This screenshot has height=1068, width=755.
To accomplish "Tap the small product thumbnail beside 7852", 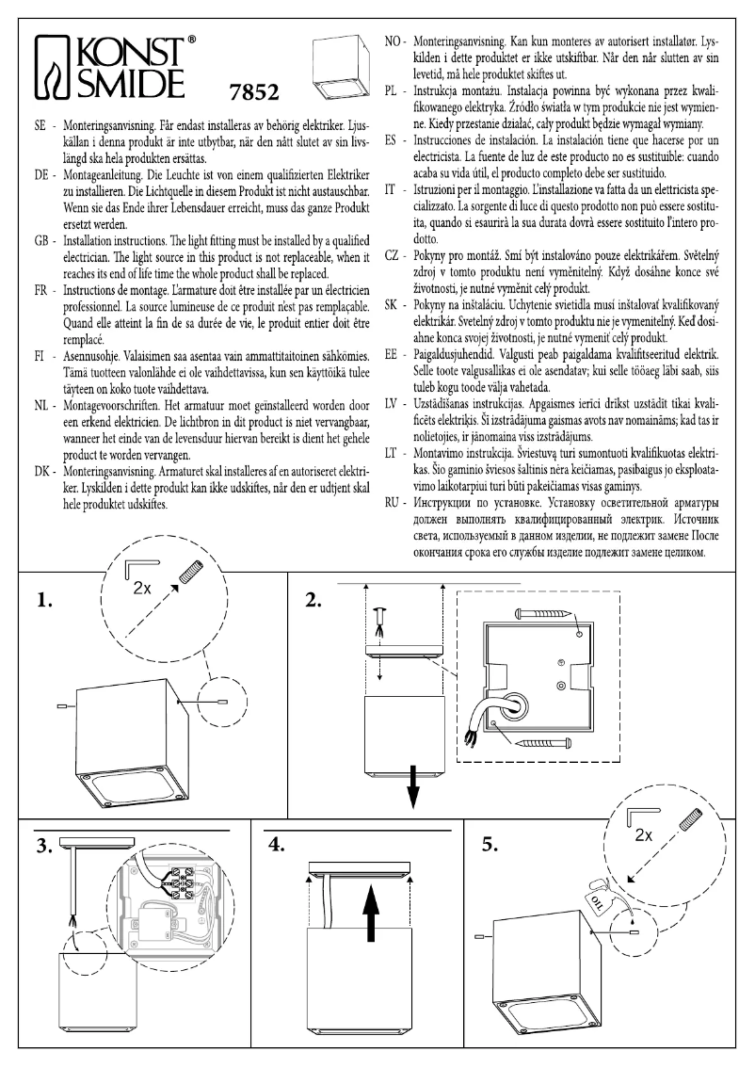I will click(337, 67).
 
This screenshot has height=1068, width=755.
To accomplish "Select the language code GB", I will click(41, 240).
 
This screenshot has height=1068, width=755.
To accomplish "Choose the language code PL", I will click(394, 91).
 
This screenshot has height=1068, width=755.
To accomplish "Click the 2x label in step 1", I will click(143, 586).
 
